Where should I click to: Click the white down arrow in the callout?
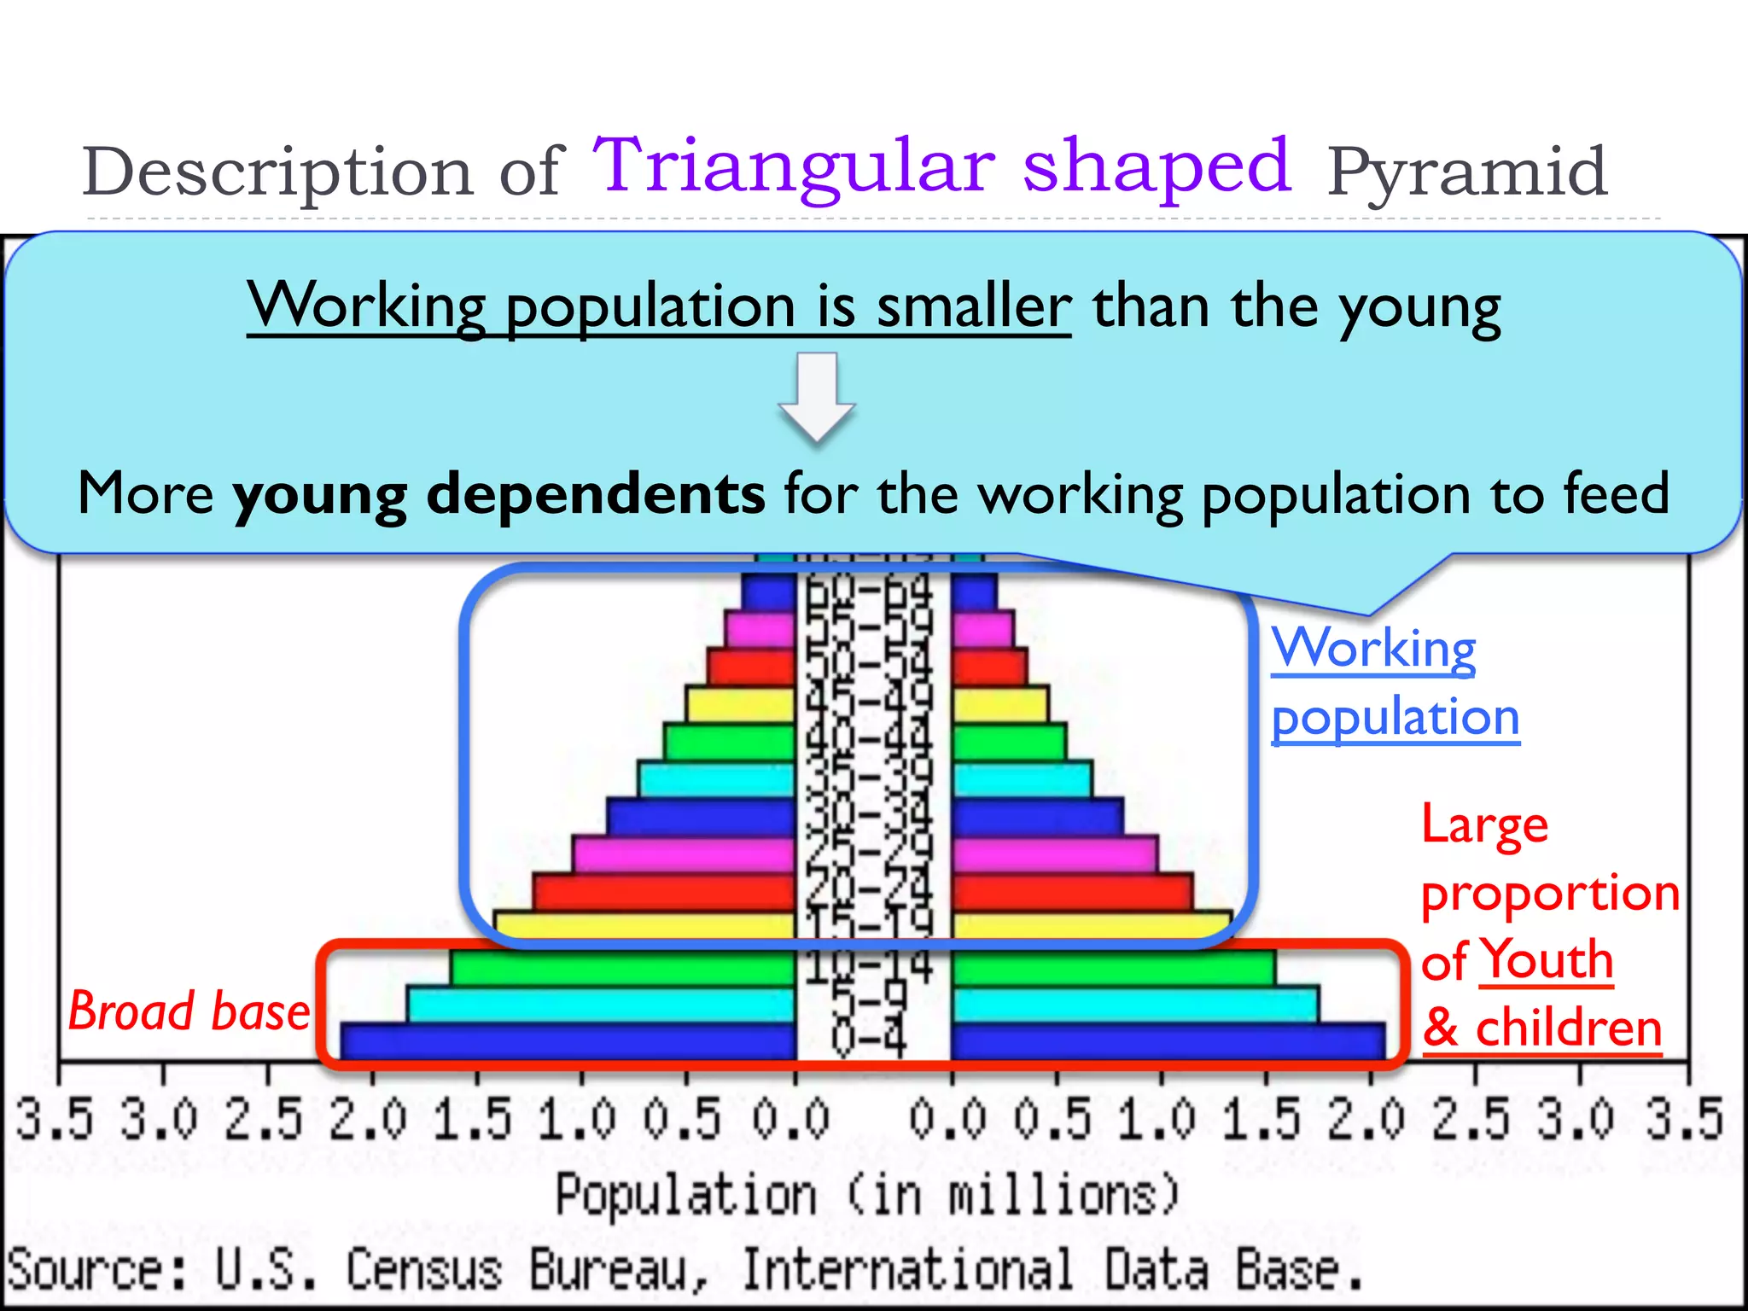[817, 398]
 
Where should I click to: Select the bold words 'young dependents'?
[498, 494]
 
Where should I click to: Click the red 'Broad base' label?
[189, 1012]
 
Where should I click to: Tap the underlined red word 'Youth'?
[1546, 960]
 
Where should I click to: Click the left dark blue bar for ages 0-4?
[568, 1042]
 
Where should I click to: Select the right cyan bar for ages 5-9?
[1135, 1005]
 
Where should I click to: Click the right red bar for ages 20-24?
[1071, 892]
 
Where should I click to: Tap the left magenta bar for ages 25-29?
[683, 854]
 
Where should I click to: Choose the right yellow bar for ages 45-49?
[999, 705]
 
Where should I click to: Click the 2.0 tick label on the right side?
[1366, 1120]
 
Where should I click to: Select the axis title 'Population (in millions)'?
[868, 1195]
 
